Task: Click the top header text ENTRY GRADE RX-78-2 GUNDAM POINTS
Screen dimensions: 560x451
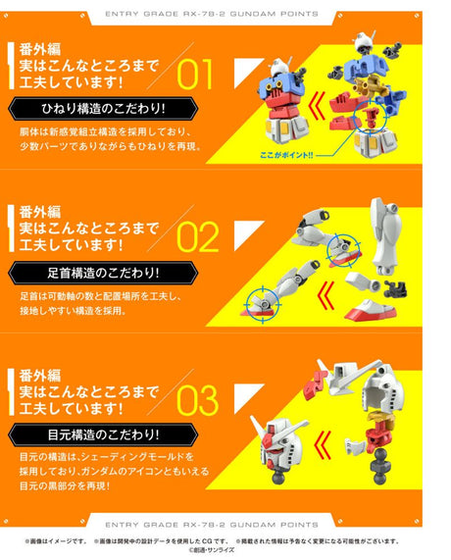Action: [225, 16]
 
